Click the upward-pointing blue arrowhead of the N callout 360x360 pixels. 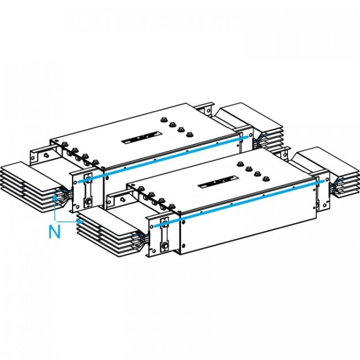55,197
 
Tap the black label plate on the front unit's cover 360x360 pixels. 218,182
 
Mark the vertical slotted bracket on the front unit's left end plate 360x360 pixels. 163,235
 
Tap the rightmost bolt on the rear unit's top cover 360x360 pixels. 189,133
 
